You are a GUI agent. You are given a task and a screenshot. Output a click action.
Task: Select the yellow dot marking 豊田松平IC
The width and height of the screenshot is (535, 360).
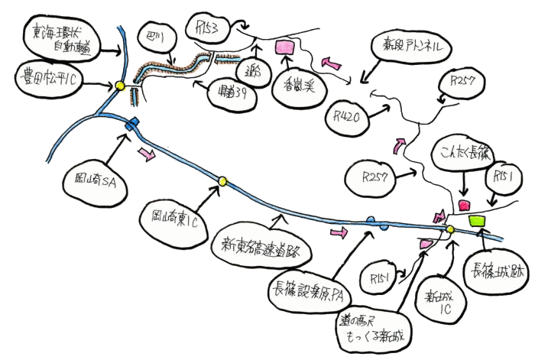(x=120, y=86)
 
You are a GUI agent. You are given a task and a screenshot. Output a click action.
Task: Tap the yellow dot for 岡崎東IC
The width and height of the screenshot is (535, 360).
(x=222, y=181)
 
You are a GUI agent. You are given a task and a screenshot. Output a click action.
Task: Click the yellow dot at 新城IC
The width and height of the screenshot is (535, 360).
(x=450, y=229)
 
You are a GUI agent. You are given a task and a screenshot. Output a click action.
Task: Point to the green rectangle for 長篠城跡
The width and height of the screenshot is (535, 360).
(x=478, y=221)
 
